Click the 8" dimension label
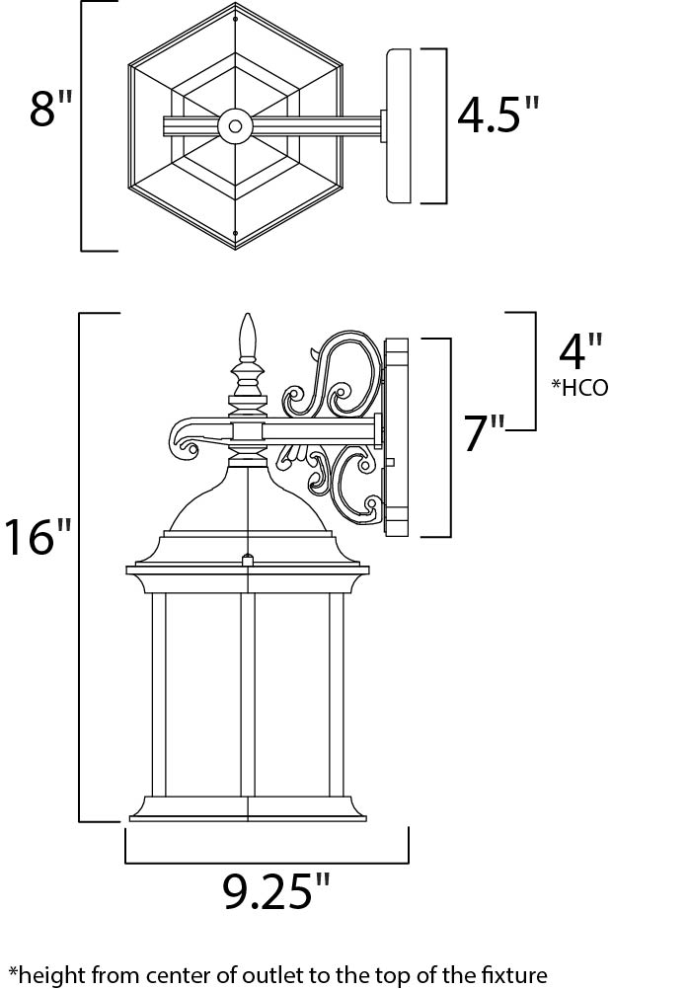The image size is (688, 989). click(51, 109)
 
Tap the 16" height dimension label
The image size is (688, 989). click(38, 536)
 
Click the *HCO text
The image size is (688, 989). click(580, 387)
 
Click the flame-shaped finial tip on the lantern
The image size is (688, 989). click(248, 336)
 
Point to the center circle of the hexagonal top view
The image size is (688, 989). click(235, 126)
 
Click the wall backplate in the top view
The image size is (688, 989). click(398, 126)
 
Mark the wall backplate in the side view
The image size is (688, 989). click(395, 437)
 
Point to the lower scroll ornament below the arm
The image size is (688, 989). click(330, 483)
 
